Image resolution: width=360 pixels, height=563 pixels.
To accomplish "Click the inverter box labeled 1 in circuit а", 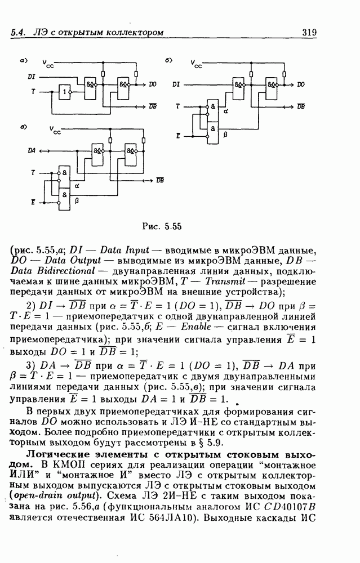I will (66, 92).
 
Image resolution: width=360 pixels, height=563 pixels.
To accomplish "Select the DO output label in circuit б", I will (301, 84).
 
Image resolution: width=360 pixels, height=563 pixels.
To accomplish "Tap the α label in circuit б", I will (226, 111).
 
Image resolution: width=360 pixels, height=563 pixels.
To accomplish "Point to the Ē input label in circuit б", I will (179, 136).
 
